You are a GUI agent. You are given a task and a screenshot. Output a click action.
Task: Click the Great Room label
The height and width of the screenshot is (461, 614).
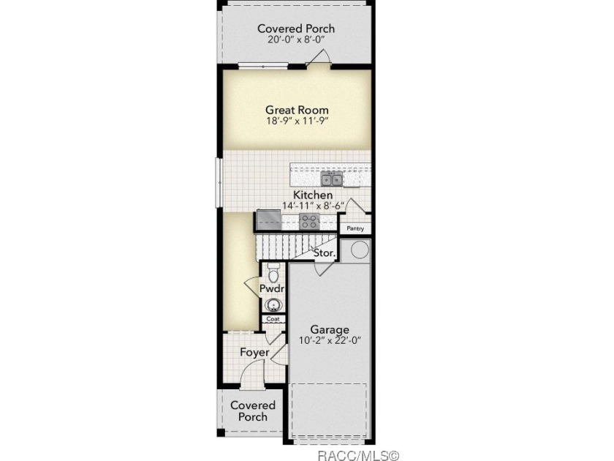297,110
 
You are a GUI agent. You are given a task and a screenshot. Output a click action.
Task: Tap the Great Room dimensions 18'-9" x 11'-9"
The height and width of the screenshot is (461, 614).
297,121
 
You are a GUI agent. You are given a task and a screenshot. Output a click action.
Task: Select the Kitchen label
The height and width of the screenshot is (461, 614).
313,195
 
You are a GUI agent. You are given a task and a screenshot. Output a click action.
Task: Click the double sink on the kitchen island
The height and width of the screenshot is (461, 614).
332,179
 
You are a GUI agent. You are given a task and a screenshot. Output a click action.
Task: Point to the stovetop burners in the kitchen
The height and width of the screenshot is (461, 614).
309,222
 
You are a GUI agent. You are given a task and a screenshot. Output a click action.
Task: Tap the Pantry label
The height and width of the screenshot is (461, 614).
355,228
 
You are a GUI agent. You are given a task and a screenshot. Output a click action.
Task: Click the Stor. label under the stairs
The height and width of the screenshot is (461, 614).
325,253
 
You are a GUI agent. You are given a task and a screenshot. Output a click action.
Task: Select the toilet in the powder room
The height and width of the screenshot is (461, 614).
273,271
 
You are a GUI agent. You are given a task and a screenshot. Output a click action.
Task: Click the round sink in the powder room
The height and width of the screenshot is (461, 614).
273,305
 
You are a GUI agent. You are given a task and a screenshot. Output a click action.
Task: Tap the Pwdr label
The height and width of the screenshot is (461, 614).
272,289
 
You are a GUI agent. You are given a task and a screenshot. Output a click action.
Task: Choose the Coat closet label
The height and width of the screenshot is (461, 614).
273,319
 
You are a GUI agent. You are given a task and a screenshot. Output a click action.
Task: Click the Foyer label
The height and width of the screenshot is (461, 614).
254,353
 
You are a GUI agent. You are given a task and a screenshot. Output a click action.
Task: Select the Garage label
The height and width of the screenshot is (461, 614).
330,330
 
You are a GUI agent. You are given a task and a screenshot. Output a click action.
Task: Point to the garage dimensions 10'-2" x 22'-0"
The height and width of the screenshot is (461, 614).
330,341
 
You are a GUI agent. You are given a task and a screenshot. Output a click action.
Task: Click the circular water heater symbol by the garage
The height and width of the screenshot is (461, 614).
360,250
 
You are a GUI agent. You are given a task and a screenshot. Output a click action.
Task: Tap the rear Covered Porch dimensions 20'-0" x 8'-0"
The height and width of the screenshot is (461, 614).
297,40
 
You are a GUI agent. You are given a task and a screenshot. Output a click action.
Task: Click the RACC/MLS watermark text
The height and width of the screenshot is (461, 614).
358,455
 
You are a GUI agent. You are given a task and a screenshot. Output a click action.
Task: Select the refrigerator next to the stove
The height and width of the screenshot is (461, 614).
269,220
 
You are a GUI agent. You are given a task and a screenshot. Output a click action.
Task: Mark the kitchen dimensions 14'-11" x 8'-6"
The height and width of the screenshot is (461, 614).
314,206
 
